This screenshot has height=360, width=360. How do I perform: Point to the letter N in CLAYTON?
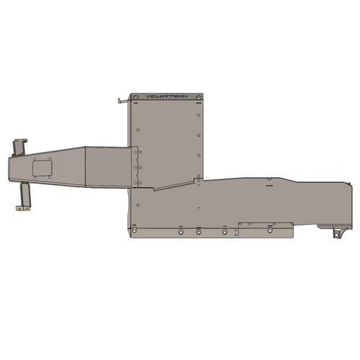[186, 96]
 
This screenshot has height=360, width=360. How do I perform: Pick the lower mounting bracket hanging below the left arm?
[24, 197]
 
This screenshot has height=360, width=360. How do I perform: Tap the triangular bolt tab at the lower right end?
[336, 234]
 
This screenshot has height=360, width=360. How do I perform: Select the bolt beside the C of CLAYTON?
[135, 96]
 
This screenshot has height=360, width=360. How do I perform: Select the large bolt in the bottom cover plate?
[269, 230]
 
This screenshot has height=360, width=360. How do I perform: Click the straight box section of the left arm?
[108, 167]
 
